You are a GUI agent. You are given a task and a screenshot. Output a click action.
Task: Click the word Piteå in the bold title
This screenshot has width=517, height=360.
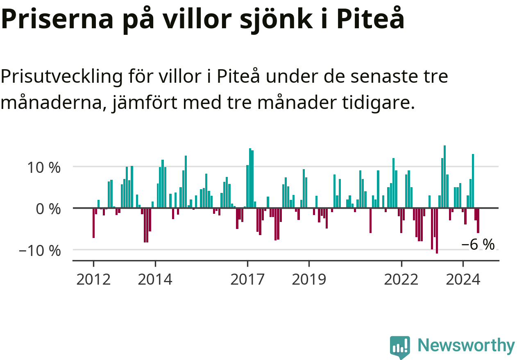[370, 18]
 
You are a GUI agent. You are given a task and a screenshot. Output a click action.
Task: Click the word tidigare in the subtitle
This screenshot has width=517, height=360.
[379, 102]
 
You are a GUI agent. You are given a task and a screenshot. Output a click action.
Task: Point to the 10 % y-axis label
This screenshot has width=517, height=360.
[44, 168]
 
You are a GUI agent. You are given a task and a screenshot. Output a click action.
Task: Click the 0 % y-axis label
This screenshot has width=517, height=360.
[48, 209]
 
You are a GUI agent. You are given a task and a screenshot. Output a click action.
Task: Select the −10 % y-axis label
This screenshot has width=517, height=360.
[40, 251]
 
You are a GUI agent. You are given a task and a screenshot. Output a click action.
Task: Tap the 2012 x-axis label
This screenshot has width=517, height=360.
[93, 279]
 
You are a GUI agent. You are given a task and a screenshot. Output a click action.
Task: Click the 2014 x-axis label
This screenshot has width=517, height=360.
[155, 279]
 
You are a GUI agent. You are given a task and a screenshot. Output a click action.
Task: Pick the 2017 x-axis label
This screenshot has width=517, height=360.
[247, 279]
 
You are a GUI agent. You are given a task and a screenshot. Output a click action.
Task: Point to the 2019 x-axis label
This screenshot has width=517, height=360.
[309, 279]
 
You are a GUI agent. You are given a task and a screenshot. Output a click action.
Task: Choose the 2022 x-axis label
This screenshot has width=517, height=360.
[401, 279]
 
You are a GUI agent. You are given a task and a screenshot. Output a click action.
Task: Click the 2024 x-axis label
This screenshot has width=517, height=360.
[463, 279]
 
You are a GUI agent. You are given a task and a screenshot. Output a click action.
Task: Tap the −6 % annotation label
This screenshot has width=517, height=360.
[478, 244]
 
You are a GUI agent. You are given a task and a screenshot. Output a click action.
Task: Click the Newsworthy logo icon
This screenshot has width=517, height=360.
[400, 347]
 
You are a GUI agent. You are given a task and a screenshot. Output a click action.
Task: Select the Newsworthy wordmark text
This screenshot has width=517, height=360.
[466, 345]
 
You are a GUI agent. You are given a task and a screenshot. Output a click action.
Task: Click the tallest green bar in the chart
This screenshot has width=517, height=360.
[445, 177]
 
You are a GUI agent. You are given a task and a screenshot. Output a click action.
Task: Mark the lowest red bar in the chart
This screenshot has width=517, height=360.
[437, 231]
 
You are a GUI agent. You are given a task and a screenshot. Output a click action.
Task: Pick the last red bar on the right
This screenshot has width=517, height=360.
[478, 221]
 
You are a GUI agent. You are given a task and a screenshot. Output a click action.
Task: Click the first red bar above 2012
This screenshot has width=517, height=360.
[93, 223]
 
